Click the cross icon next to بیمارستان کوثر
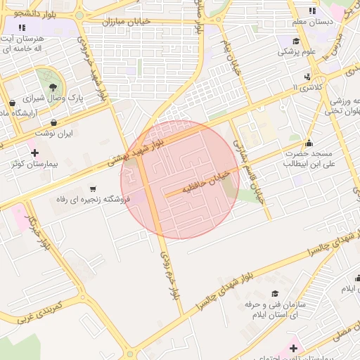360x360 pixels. tap(34, 152)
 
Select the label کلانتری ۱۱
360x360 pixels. tap(304, 87)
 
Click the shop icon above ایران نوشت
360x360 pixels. tap(54, 122)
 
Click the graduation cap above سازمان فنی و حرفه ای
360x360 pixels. tap(275, 294)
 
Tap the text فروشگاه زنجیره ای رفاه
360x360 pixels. tap(88, 200)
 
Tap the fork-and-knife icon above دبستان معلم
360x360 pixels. tap(313, 11)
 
